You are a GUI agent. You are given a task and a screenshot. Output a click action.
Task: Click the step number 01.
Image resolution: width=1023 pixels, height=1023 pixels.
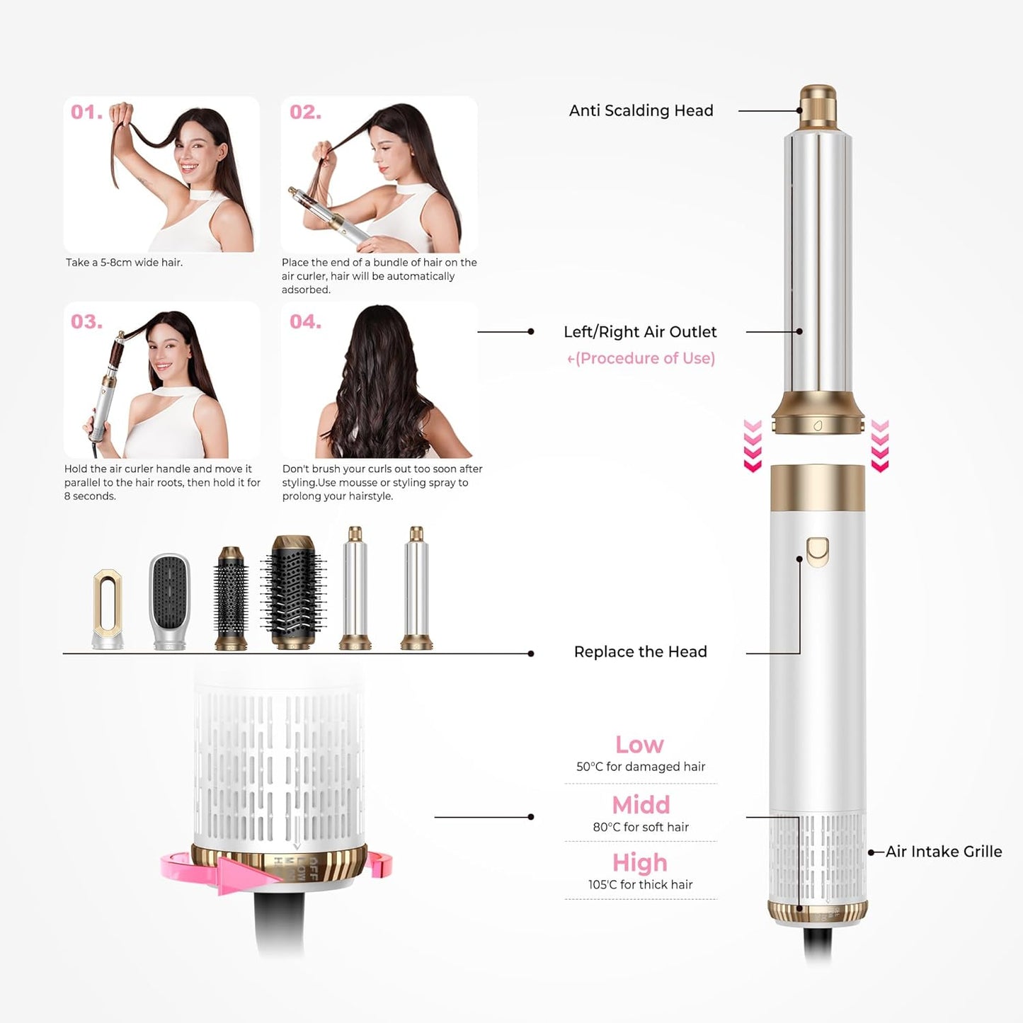[86, 113]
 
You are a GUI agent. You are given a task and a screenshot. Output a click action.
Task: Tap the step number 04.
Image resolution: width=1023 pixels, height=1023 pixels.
[305, 322]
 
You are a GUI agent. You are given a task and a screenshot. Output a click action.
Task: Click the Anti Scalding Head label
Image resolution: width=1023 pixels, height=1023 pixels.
[641, 110]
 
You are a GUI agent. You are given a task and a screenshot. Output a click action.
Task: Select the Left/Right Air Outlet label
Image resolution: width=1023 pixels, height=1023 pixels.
[640, 332]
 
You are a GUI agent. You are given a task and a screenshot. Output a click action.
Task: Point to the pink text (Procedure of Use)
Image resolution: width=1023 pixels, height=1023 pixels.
[641, 358]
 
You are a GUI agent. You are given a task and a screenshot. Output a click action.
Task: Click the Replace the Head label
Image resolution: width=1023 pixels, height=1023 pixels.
[640, 652]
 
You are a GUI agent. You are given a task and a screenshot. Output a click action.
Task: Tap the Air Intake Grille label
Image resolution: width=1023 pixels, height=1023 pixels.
[944, 852]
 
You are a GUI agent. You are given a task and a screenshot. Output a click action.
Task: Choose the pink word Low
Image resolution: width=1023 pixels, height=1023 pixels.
[639, 745]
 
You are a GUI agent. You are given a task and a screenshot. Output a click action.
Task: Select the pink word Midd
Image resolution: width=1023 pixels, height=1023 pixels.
[641, 805]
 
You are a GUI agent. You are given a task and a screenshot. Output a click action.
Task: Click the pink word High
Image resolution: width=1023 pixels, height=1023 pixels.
[640, 863]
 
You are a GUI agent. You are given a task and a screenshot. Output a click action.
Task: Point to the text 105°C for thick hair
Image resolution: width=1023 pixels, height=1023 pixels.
[640, 885]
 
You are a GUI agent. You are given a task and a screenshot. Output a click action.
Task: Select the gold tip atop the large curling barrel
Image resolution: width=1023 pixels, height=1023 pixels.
[818, 106]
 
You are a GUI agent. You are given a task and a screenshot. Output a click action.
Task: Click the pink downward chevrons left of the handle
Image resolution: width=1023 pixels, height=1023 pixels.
[753, 446]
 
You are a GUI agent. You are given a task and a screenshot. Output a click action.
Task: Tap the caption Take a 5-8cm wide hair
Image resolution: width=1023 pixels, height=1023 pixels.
[125, 263]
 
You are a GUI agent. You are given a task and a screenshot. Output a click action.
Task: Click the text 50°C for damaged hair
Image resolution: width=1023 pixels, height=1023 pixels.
[641, 767]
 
